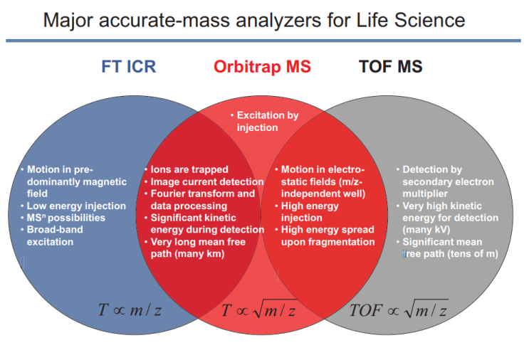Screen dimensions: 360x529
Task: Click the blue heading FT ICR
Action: point(128,67)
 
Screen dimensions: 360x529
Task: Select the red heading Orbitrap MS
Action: point(262,67)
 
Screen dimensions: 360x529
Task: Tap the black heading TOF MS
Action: point(391,67)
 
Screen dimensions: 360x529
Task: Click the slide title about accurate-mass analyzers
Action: point(253,19)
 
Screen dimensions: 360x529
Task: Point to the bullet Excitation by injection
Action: point(264,121)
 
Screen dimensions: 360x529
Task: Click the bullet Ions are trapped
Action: point(189,169)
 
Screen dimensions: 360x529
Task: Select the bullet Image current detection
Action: point(202,181)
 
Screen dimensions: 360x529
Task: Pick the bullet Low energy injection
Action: point(76,206)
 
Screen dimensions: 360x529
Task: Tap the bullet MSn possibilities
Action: point(66,218)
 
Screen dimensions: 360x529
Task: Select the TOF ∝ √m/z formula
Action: point(398,309)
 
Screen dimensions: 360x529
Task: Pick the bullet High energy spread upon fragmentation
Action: point(325,235)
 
